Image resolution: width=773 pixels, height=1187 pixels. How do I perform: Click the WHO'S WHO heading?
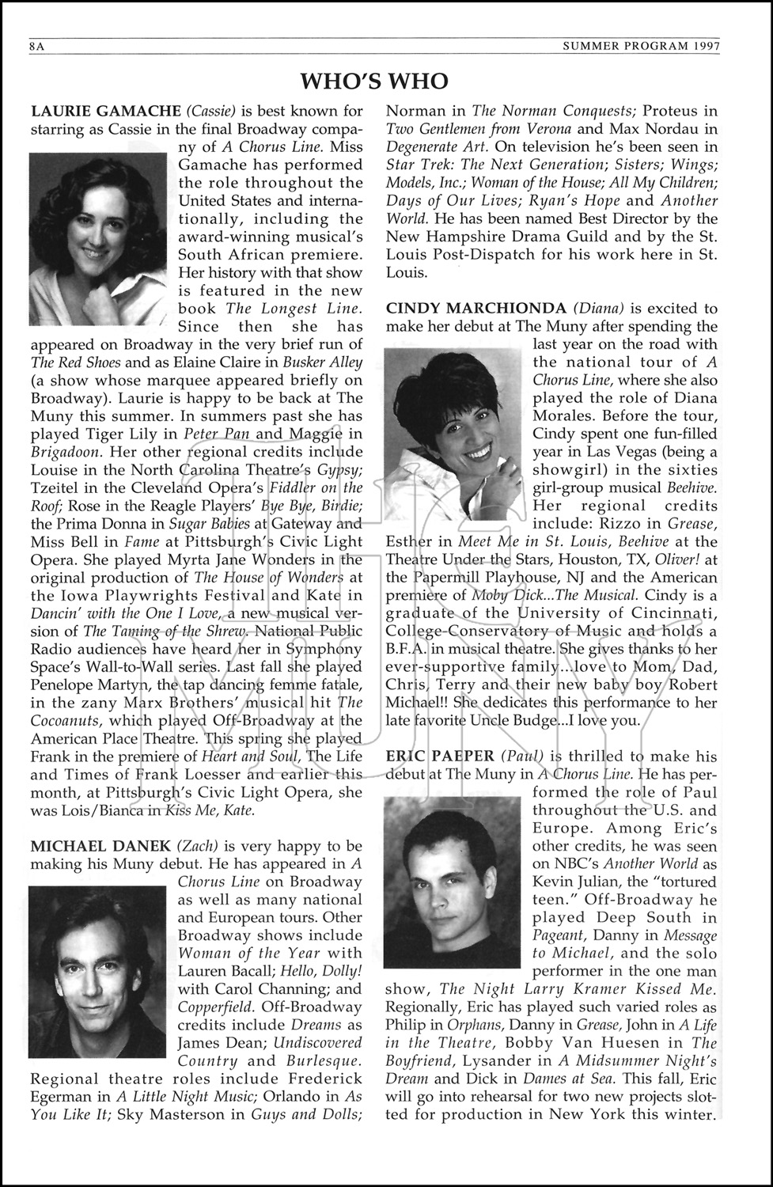click(374, 81)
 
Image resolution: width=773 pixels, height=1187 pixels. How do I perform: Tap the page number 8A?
click(35, 46)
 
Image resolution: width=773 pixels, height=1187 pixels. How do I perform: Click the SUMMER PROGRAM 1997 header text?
click(641, 46)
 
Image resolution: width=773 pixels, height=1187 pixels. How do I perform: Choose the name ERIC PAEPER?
click(439, 757)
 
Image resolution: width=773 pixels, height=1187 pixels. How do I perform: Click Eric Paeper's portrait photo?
click(453, 882)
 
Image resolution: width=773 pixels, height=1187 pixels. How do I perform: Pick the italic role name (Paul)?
click(519, 757)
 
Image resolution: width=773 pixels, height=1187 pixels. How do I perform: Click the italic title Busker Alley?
click(324, 362)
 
